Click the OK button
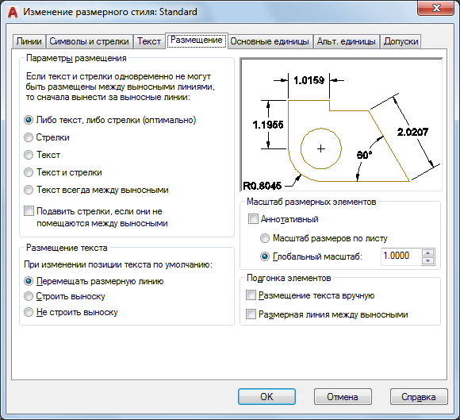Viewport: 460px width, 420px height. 266,397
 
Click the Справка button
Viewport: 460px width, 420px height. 419,397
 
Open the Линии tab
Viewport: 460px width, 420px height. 29,41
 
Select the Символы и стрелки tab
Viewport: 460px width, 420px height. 89,41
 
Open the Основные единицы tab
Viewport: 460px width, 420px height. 270,41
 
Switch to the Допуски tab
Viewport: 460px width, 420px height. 401,41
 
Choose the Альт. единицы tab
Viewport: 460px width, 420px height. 346,41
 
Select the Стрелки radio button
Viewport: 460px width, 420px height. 29,137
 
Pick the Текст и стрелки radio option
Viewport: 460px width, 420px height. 29,172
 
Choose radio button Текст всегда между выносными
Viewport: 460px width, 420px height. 29,190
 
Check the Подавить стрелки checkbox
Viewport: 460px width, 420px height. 29,211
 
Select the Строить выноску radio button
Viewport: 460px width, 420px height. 29,296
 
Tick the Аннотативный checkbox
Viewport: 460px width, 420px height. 253,219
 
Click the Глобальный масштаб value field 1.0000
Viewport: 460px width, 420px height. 401,256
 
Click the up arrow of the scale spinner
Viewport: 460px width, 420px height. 428,252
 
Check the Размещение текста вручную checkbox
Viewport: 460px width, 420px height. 251,295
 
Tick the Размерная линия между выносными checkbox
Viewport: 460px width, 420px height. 251,314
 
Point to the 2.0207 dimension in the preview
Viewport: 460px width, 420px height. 412,132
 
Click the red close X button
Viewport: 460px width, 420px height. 436,8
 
